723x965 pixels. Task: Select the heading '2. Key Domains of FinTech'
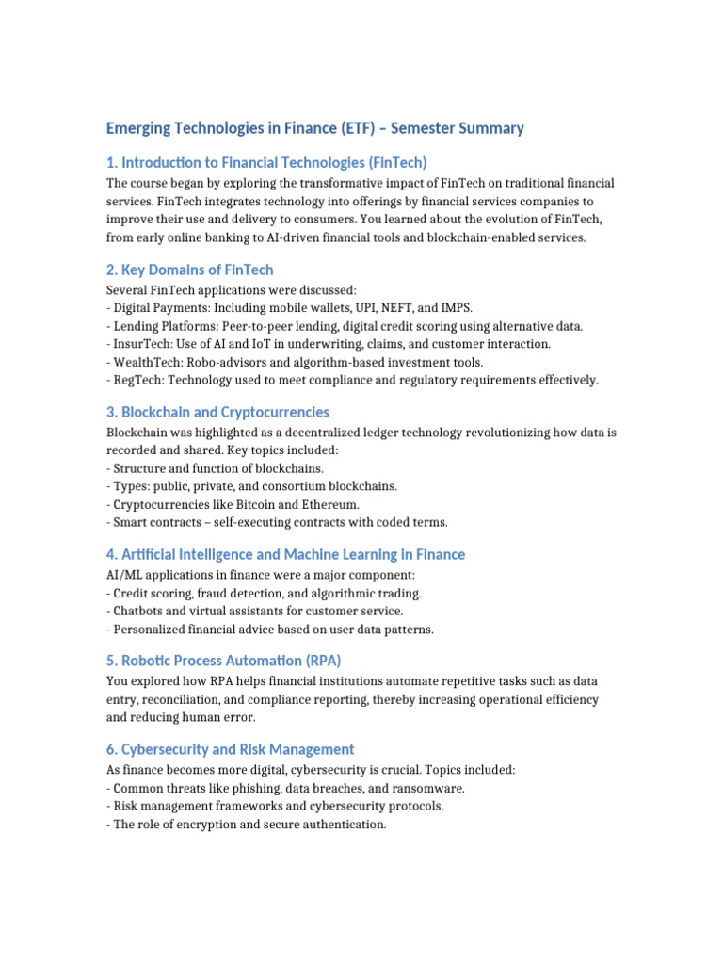tap(189, 270)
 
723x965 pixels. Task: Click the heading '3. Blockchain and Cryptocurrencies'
tap(217, 413)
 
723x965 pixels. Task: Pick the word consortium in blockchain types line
tap(297, 486)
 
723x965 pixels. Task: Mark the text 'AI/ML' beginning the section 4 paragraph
tap(125, 575)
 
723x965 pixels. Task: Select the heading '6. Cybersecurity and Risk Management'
tap(231, 750)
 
